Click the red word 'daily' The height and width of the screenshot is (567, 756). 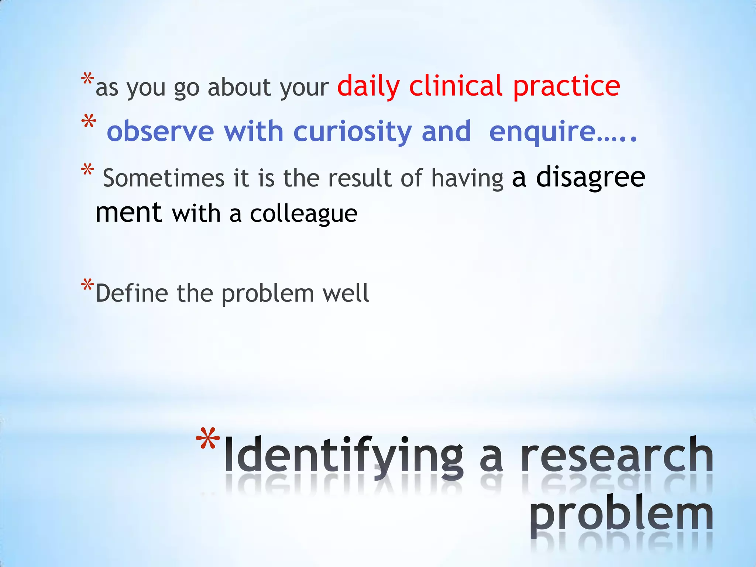pyautogui.click(x=368, y=87)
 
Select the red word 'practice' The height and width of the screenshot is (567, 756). pyautogui.click(x=567, y=87)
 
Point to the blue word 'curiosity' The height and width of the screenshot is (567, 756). pyautogui.click(x=353, y=132)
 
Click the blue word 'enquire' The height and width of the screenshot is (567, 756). pyautogui.click(x=543, y=132)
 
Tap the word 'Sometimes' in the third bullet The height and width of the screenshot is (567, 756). pyautogui.click(x=164, y=178)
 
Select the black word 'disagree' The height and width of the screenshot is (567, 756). pyautogui.click(x=590, y=177)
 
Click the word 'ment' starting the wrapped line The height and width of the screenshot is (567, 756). pyautogui.click(x=128, y=213)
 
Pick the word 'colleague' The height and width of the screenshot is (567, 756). pyautogui.click(x=303, y=214)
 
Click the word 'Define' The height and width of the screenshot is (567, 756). pyautogui.click(x=132, y=293)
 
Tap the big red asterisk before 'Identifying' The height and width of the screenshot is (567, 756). pyautogui.click(x=208, y=439)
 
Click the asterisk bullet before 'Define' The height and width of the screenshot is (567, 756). pyautogui.click(x=87, y=286)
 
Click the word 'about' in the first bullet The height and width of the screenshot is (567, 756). pyautogui.click(x=240, y=88)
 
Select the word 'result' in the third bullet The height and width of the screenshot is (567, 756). pyautogui.click(x=360, y=178)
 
